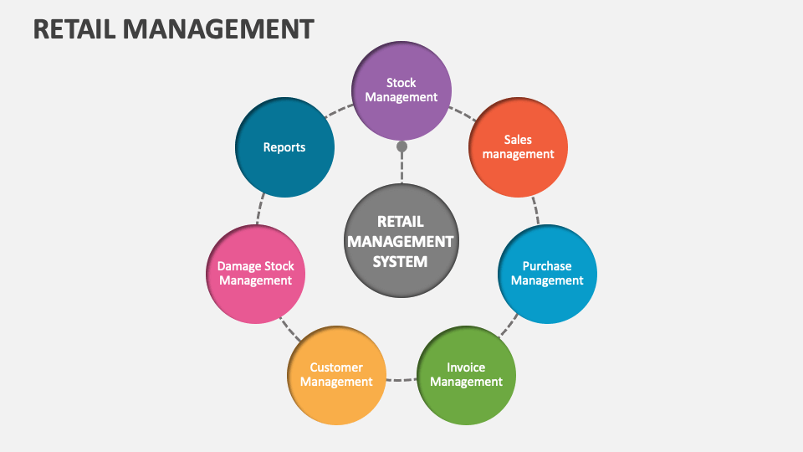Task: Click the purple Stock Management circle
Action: tap(401, 90)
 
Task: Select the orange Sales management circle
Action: tap(518, 147)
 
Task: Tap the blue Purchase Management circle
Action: tap(547, 274)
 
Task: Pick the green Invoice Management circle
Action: tap(466, 374)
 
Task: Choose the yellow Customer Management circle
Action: tap(336, 374)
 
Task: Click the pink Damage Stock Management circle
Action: tap(255, 274)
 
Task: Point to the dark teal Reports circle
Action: tap(284, 147)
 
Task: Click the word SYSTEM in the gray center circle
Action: tap(400, 261)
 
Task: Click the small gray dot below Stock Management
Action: tap(401, 146)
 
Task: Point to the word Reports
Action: tap(284, 147)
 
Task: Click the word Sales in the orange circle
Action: tap(518, 140)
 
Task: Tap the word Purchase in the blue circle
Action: tap(547, 266)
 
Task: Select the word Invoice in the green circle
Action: tap(466, 367)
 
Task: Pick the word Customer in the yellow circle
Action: tap(336, 367)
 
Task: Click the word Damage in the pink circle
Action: tap(237, 266)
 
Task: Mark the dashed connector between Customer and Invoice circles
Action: tap(401, 379)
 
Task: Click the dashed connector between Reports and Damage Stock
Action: tap(263, 209)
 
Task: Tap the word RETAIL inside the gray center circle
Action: tap(401, 222)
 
